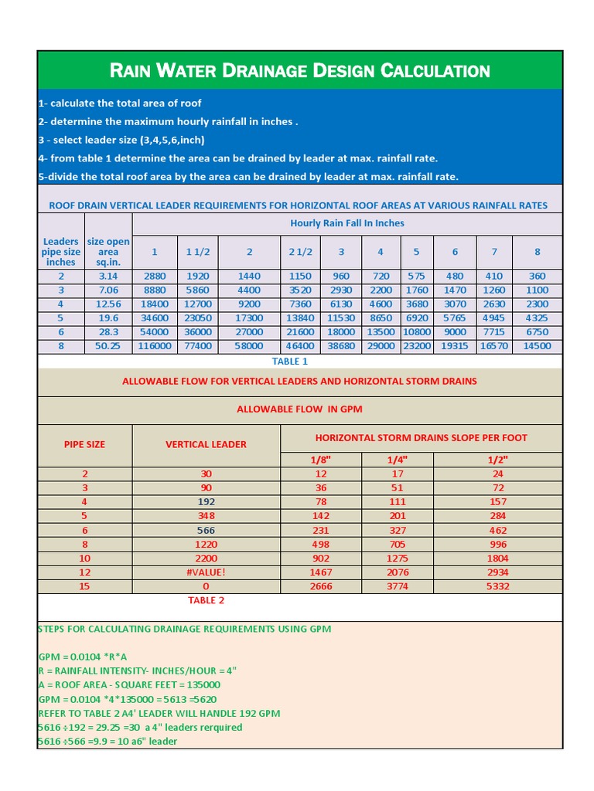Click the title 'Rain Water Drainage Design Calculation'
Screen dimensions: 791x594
click(x=300, y=71)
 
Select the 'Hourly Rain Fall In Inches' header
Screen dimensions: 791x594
click(x=346, y=223)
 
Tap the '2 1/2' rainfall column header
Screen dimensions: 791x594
click(x=300, y=252)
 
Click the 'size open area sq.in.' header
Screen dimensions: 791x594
click(x=108, y=252)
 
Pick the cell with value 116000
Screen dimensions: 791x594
click(x=155, y=346)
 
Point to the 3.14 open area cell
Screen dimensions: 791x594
click(x=108, y=276)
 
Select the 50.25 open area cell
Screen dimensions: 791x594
click(x=108, y=346)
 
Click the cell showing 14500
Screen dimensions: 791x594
click(x=537, y=346)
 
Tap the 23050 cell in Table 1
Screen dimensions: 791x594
click(x=199, y=317)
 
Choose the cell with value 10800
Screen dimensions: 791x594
click(x=416, y=332)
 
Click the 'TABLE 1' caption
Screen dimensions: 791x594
click(x=290, y=362)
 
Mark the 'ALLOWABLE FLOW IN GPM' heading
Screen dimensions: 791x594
click(x=299, y=409)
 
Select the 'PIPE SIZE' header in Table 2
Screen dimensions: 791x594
click(x=84, y=444)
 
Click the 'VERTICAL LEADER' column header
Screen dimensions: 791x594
click(x=207, y=444)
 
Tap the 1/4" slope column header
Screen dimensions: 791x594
click(x=398, y=460)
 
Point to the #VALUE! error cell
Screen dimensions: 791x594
click(x=207, y=572)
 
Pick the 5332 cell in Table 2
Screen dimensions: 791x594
click(x=498, y=586)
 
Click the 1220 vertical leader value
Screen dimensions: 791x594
click(x=207, y=544)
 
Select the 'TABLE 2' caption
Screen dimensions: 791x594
click(x=207, y=600)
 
